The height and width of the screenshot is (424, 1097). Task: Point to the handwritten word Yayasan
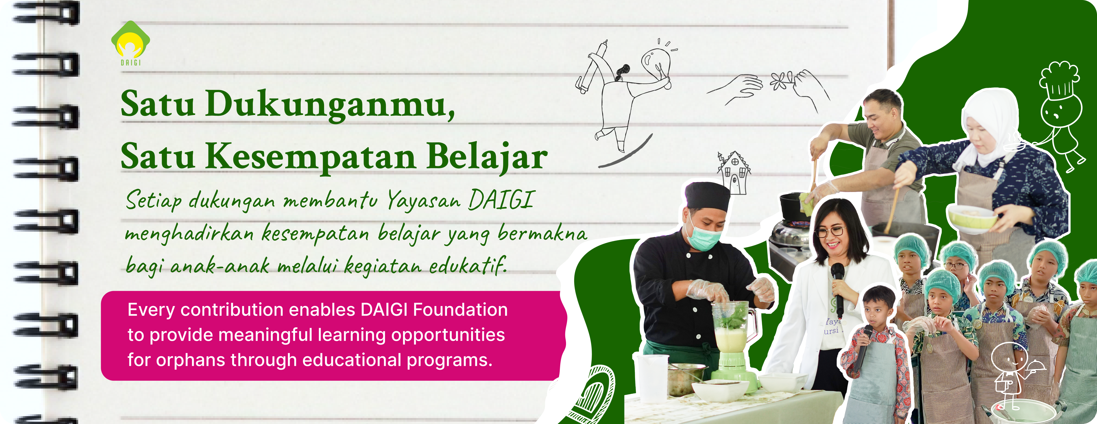(x=424, y=200)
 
